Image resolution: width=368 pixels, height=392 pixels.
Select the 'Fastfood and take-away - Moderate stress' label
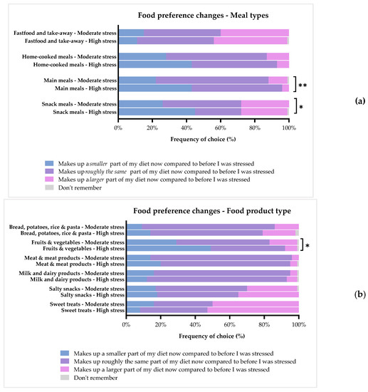tap(65, 33)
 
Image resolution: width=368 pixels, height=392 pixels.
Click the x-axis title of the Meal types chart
tap(203, 140)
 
